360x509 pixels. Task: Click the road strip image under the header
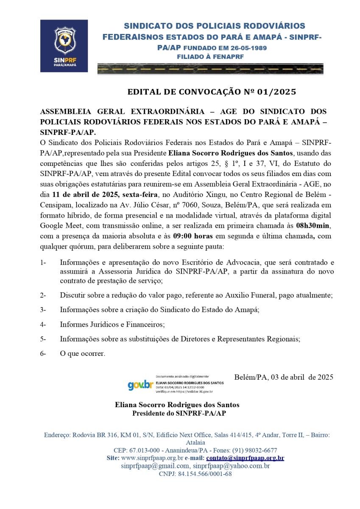[x=210, y=69]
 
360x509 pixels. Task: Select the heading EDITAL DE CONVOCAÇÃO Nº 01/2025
[x=212, y=92]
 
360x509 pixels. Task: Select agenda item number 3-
[x=43, y=310]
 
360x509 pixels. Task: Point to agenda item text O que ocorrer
[x=82, y=353]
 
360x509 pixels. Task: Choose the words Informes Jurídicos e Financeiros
[x=112, y=324]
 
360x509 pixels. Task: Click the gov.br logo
[x=140, y=385]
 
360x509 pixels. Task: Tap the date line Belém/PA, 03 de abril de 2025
[x=283, y=377]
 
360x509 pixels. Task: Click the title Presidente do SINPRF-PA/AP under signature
[x=179, y=413]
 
